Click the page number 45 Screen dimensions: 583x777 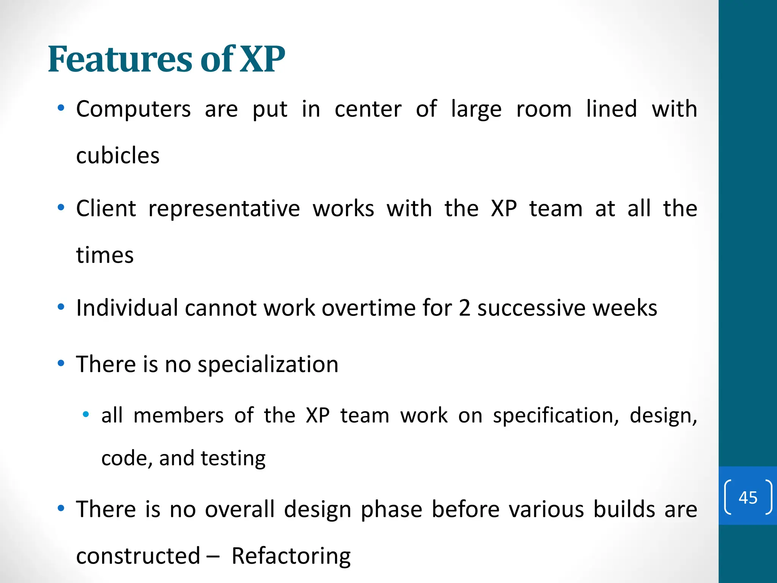pos(748,497)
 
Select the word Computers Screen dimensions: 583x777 pos(133,109)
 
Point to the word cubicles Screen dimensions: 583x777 pos(118,156)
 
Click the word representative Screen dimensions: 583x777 pos(224,209)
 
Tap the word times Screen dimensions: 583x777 pos(105,255)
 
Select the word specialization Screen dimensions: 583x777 pos(268,364)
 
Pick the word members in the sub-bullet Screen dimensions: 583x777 pos(178,415)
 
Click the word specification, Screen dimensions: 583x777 pos(556,416)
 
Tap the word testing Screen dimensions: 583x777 pos(233,459)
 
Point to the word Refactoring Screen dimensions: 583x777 pos(291,556)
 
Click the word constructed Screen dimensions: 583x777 pos(138,556)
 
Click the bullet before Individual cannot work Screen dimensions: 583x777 pos(61,307)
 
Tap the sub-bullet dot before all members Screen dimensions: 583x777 pos(86,414)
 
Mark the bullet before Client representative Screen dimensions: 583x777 pos(61,208)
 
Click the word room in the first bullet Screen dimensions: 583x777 pos(544,109)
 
